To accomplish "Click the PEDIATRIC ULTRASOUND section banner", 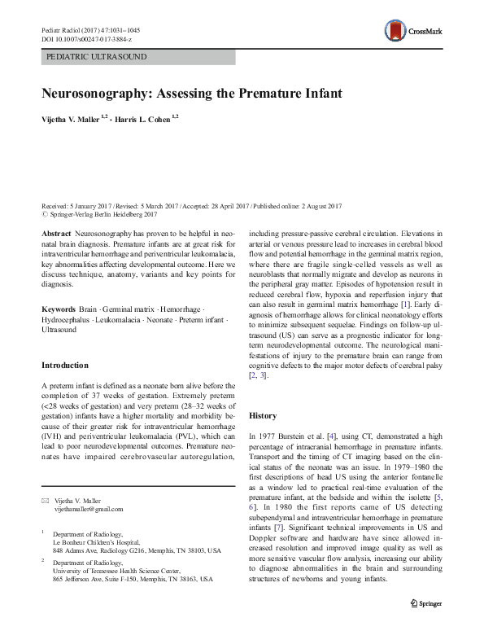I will [x=137, y=57].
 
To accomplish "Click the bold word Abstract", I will [x=55, y=234].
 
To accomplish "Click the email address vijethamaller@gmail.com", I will [x=88, y=509].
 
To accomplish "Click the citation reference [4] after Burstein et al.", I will [x=330, y=437].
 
